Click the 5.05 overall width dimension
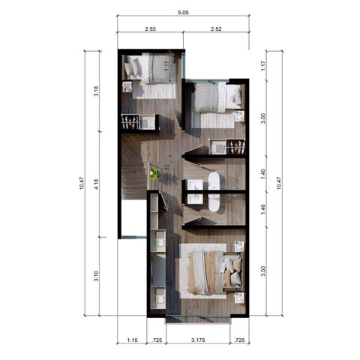click(183, 13)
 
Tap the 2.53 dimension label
click(150, 29)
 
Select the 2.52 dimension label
click(216, 29)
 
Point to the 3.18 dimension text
click(96, 91)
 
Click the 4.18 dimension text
click(96, 184)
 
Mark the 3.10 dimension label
click(96, 276)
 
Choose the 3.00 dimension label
click(263, 118)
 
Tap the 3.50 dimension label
click(263, 271)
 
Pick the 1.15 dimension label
click(132, 340)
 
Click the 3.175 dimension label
click(198, 340)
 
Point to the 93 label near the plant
click(167, 167)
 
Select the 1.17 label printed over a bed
click(167, 66)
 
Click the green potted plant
click(155, 173)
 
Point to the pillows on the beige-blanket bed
click(232, 271)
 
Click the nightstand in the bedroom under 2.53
click(127, 87)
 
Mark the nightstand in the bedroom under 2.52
click(238, 116)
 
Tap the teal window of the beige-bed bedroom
click(198, 316)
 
